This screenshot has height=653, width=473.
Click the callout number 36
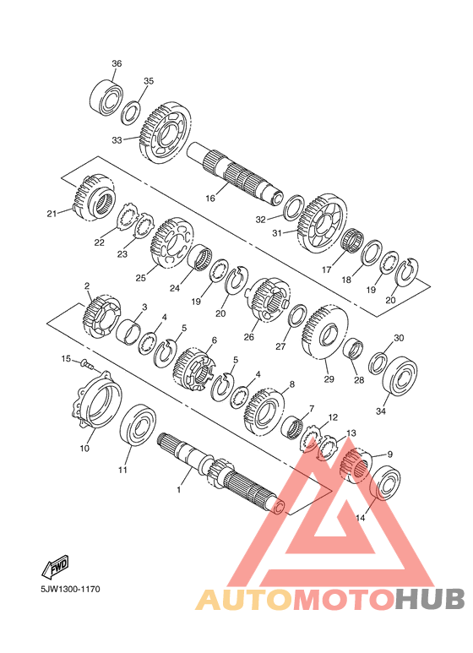(x=117, y=63)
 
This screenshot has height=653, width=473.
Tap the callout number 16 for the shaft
(x=210, y=199)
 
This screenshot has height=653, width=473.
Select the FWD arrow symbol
(x=55, y=566)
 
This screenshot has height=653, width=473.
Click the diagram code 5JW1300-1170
(x=70, y=590)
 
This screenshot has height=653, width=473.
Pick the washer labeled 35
(x=131, y=112)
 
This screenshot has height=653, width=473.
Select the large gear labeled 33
(x=166, y=133)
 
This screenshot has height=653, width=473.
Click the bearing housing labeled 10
(x=98, y=399)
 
